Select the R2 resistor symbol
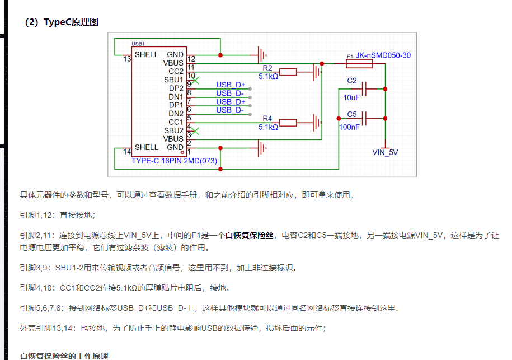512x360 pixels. [288, 72]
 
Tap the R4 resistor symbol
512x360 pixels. [288, 123]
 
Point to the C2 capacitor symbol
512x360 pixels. [364, 88]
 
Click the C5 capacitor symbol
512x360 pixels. [364, 118]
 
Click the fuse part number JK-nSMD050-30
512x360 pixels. [383, 55]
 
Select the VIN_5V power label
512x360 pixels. [384, 152]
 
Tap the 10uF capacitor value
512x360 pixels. [351, 97]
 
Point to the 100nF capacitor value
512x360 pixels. [350, 127]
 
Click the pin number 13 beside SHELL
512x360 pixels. [127, 58]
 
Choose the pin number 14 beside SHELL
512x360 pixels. [127, 151]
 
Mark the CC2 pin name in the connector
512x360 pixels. [175, 72]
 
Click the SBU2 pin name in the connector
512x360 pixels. [173, 130]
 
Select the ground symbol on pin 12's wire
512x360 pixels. [261, 55]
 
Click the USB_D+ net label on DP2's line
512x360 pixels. [231, 85]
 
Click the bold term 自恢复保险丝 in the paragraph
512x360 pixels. [250, 236]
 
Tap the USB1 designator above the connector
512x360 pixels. [138, 44]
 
